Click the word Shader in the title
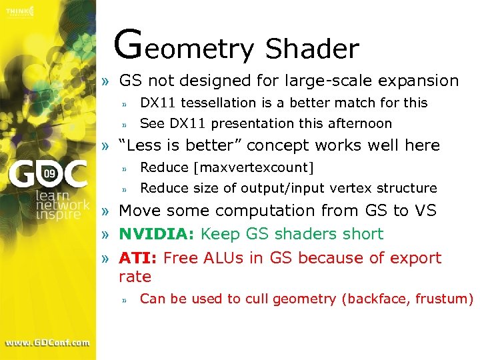[312, 48]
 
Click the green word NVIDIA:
[156, 234]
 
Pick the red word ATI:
[138, 258]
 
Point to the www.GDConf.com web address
[48, 343]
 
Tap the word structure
[407, 188]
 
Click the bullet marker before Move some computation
[106, 211]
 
